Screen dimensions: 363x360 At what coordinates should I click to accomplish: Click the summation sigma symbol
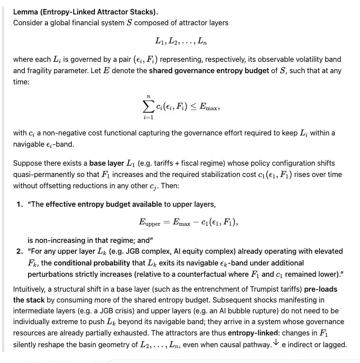[148, 106]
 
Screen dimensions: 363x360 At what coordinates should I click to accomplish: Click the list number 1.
[19, 204]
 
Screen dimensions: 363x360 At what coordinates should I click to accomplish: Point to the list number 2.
[19, 251]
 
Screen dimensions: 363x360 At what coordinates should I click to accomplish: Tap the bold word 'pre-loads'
[322, 289]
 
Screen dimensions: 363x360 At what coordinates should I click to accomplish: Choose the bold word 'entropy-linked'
[253, 333]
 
